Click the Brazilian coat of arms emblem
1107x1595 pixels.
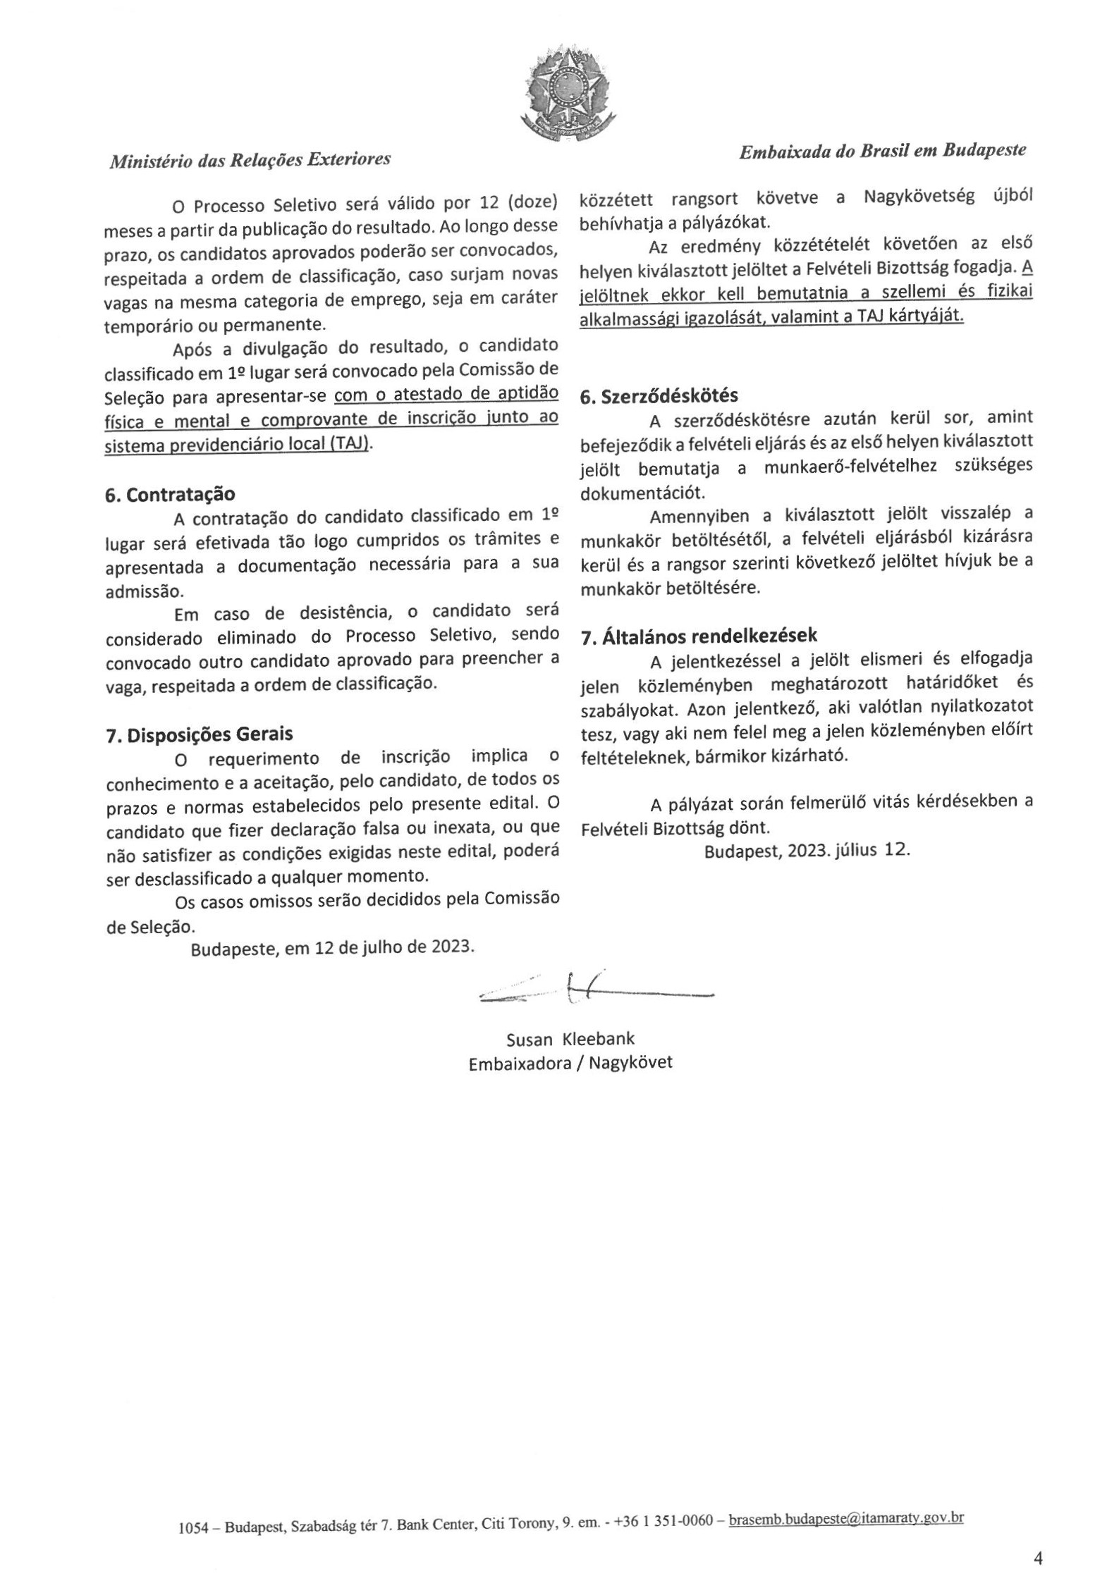point(563,92)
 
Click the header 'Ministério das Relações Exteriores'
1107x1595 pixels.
point(250,160)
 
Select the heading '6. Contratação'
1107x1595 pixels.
point(170,494)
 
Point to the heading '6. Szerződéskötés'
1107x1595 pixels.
point(659,396)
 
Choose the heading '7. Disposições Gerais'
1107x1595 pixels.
point(199,734)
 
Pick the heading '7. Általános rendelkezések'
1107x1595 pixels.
point(699,636)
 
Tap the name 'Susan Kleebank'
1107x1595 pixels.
point(570,1039)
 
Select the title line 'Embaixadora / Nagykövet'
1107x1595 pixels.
point(570,1063)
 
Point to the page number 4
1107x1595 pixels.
point(1037,1558)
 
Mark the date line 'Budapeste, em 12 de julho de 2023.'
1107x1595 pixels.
point(332,947)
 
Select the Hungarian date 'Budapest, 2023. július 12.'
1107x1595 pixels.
point(807,850)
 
